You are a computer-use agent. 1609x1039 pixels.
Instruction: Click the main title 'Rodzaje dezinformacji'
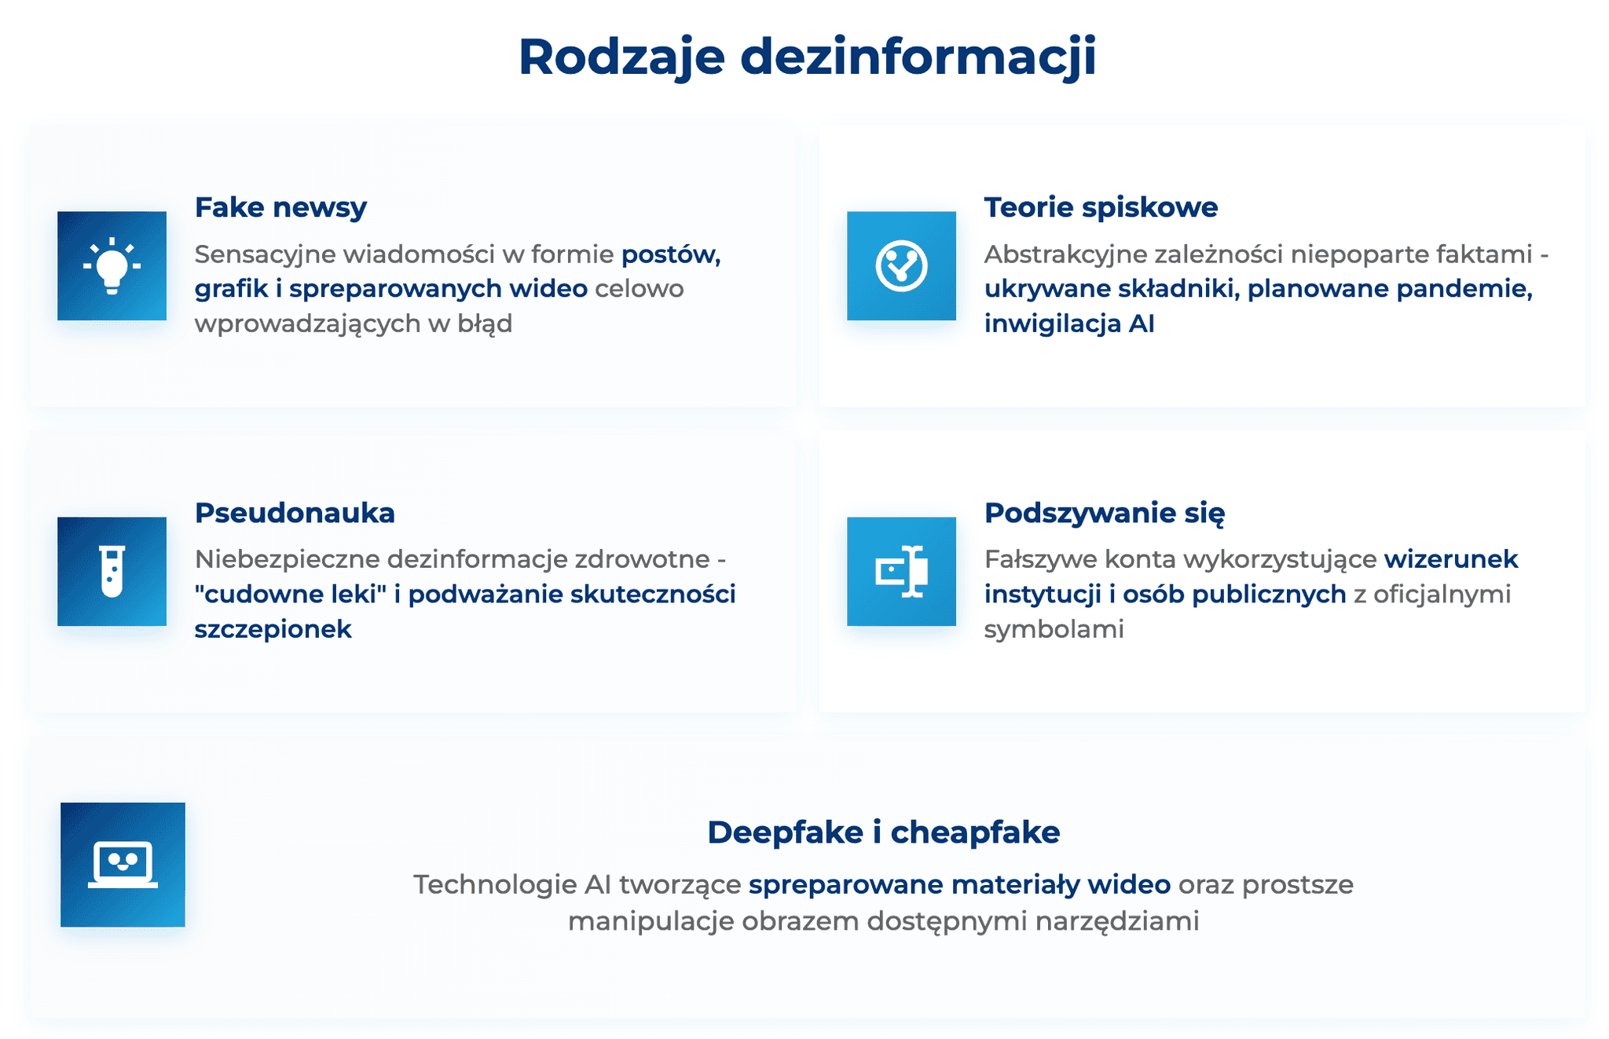coord(807,57)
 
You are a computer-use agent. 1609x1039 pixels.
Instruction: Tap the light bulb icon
coord(112,265)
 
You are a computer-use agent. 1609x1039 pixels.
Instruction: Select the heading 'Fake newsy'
coord(280,207)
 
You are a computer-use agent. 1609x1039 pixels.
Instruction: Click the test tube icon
coord(112,571)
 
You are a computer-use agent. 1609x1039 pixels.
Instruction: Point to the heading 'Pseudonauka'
coord(295,513)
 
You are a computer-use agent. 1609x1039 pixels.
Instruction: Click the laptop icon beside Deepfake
coord(123,864)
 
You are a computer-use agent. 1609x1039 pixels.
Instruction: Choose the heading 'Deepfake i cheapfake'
coord(883,832)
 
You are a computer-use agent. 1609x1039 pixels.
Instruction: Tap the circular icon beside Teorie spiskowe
coord(901,265)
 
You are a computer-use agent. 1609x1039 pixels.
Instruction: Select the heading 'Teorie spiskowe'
coord(1101,207)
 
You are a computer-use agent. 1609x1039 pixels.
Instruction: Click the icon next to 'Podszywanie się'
coord(901,571)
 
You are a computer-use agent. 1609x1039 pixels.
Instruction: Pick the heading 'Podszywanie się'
coord(1104,513)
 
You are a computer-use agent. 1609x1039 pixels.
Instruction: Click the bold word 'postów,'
coord(671,254)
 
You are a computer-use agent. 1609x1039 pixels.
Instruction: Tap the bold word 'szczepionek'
coord(273,629)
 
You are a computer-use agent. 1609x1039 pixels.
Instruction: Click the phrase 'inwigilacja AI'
coord(1069,324)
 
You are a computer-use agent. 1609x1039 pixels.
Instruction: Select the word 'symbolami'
coord(1054,629)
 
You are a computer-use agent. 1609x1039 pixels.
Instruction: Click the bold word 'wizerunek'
coord(1450,559)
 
